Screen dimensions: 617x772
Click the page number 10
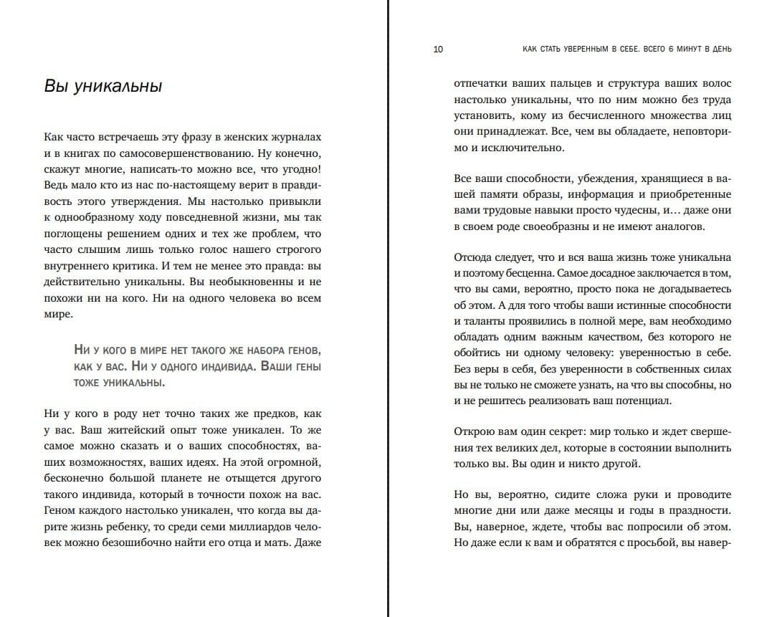[439, 49]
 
